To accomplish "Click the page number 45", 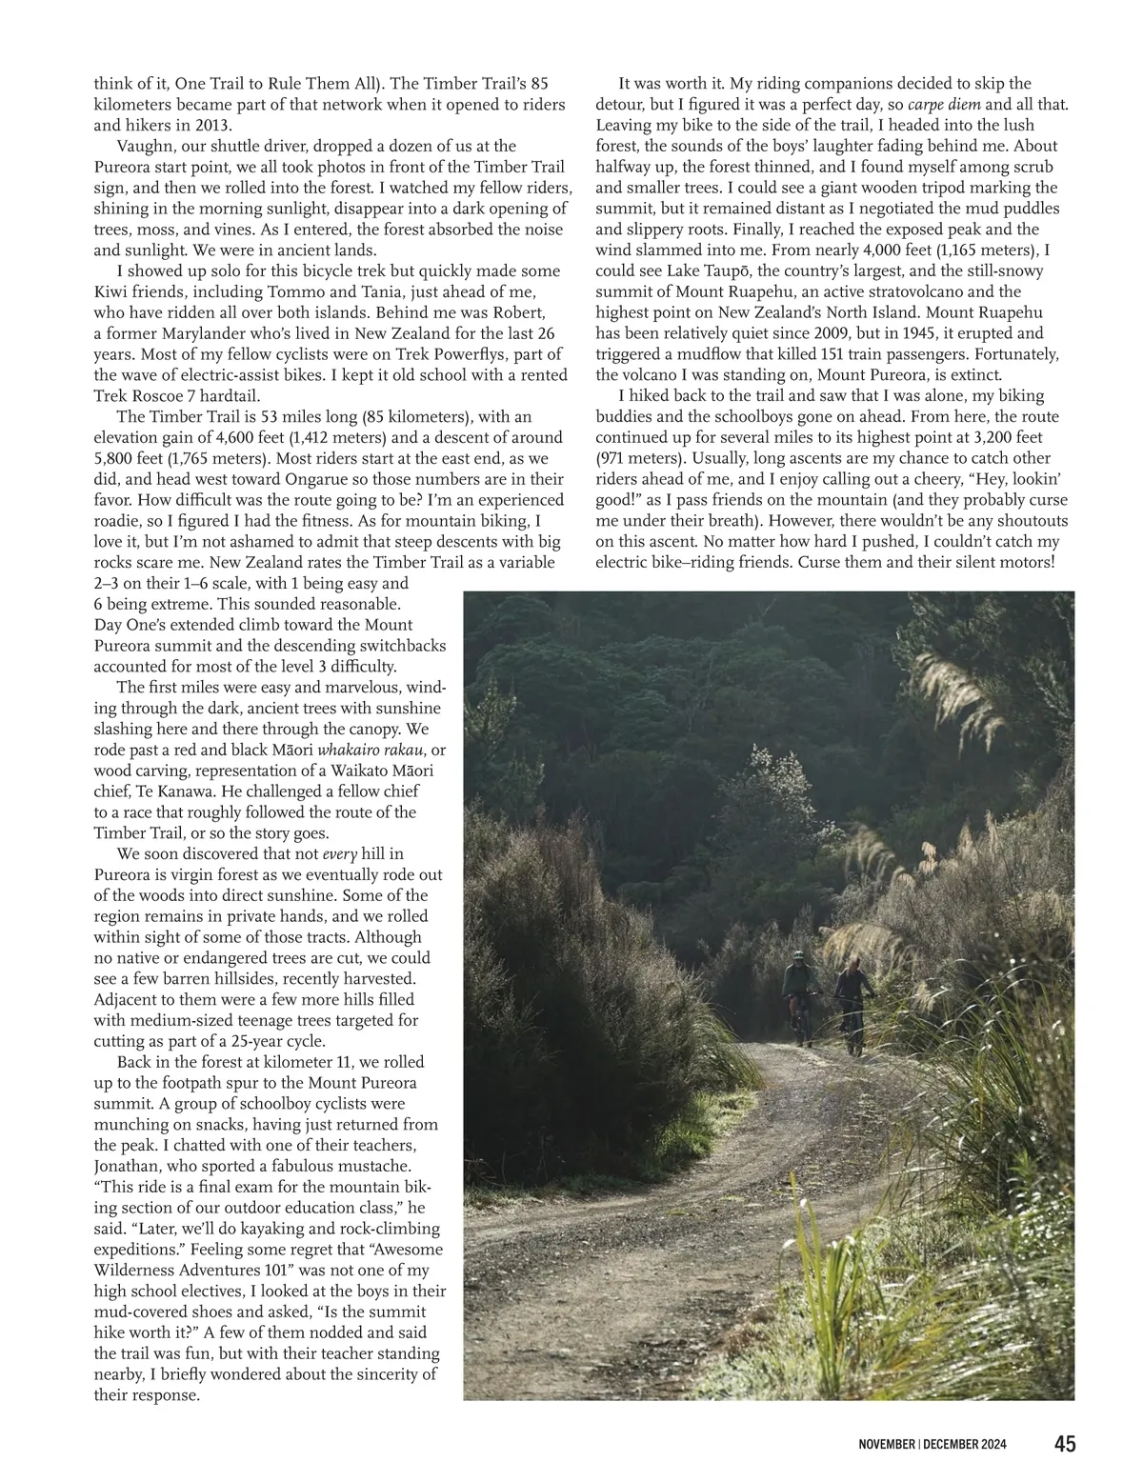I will (1064, 1444).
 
